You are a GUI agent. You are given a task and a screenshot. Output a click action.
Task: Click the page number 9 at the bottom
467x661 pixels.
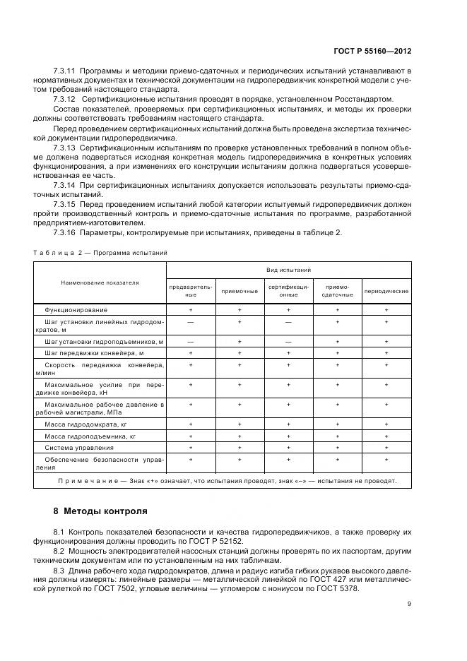tap(409, 603)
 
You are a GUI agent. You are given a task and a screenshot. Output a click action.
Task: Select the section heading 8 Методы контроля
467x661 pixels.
tap(100, 511)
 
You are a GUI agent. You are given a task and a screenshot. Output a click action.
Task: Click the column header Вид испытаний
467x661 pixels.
tap(288, 270)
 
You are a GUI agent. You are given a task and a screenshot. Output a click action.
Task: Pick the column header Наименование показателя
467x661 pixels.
tap(100, 282)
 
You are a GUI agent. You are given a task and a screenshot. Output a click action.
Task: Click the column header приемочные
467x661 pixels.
tap(240, 291)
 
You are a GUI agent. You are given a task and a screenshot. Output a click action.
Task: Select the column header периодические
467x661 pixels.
tap(386, 291)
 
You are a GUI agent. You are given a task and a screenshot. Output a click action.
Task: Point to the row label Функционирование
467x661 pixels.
tap(76, 310)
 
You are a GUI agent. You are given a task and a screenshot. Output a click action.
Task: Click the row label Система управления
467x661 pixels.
tap(78, 448)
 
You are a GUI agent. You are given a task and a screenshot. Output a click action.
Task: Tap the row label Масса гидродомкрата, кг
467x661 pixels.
tap(85, 425)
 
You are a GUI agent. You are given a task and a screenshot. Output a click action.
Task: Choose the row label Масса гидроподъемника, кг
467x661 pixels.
tap(90, 436)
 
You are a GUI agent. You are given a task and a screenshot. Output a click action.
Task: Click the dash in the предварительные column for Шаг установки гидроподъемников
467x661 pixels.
tap(191, 342)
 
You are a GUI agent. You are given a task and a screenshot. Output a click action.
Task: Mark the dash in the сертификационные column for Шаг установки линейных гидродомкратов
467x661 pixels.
tap(288, 321)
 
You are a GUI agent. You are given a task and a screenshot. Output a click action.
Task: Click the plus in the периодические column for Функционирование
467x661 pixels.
tap(386, 310)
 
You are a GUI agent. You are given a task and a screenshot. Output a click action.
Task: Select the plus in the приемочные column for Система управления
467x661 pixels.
tap(240, 448)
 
